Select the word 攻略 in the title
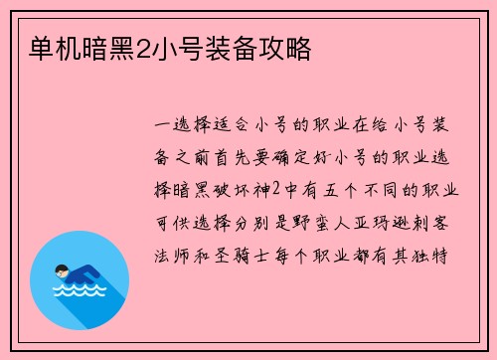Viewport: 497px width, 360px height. point(287,46)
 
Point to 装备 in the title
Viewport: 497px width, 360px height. point(239,46)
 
